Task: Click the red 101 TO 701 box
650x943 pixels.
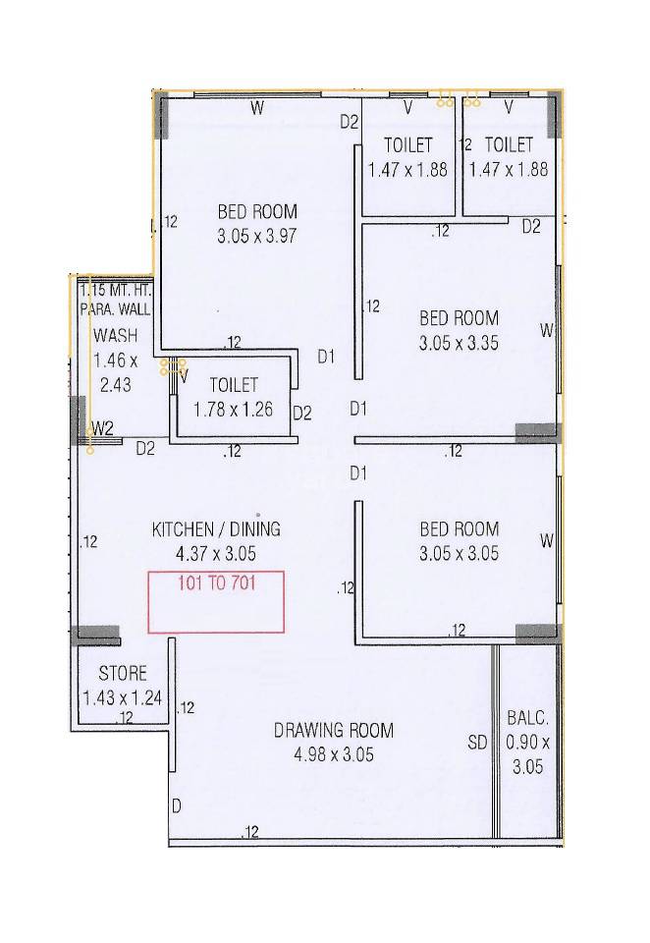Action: (x=216, y=601)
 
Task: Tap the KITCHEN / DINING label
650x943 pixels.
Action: (x=216, y=529)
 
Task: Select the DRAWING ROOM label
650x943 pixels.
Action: (x=334, y=731)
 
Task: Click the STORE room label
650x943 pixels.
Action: (x=123, y=674)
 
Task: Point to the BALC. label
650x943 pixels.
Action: (x=527, y=718)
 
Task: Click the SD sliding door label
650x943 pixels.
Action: (x=477, y=744)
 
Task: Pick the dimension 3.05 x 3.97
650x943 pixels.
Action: (x=257, y=236)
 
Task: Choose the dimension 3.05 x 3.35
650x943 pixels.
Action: (x=459, y=344)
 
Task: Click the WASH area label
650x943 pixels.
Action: (x=116, y=336)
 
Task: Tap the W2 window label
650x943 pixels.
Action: (x=102, y=429)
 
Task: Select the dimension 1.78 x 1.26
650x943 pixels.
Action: (x=234, y=410)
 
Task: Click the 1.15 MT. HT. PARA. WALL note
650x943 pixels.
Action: (x=116, y=300)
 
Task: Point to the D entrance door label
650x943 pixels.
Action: (x=177, y=806)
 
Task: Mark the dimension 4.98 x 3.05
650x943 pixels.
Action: (x=334, y=754)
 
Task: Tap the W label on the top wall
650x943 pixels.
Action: (x=256, y=109)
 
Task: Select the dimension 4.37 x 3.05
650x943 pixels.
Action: (x=216, y=553)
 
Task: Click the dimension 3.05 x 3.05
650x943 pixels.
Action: (x=459, y=553)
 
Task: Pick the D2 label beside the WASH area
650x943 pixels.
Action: (x=145, y=449)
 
